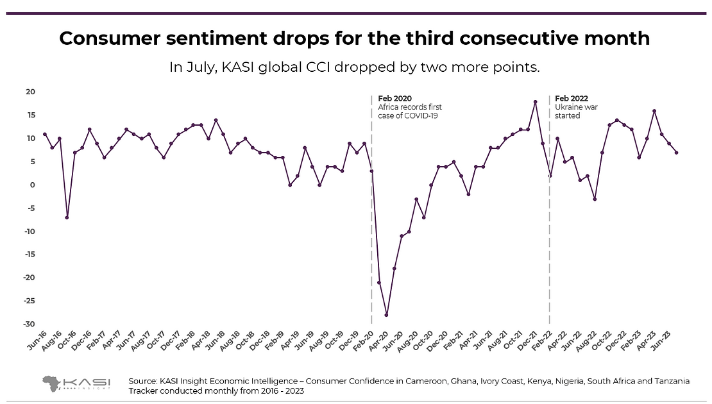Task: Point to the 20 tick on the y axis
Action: click(30, 92)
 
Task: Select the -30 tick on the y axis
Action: click(28, 324)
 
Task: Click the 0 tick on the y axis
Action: click(32, 185)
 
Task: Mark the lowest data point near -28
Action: click(387, 315)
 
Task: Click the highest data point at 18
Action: click(535, 102)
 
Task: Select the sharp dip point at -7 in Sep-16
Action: click(67, 217)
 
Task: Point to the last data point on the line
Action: click(677, 153)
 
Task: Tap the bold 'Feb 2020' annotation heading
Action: click(394, 98)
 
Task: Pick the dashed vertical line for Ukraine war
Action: click(550, 257)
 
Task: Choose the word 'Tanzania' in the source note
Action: click(670, 381)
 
